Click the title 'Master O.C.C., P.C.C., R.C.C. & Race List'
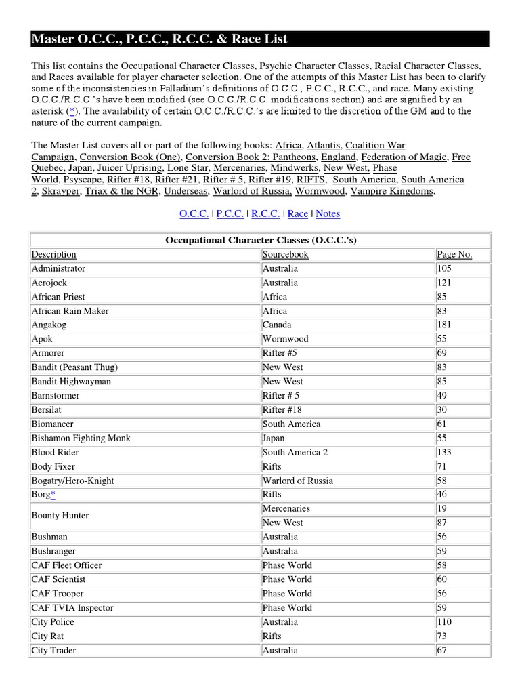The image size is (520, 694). (x=159, y=39)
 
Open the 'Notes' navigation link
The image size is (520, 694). (x=328, y=213)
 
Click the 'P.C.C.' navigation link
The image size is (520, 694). (x=230, y=213)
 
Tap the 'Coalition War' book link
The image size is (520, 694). (x=375, y=145)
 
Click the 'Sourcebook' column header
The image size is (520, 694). (x=285, y=255)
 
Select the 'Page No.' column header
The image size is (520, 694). (x=454, y=255)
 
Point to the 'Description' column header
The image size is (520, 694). (x=53, y=255)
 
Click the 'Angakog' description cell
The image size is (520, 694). (x=49, y=325)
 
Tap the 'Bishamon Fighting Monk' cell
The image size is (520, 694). (x=81, y=438)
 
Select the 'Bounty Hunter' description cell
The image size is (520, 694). (x=60, y=516)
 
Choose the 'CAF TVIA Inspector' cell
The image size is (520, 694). (x=72, y=608)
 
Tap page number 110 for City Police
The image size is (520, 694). (x=444, y=622)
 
